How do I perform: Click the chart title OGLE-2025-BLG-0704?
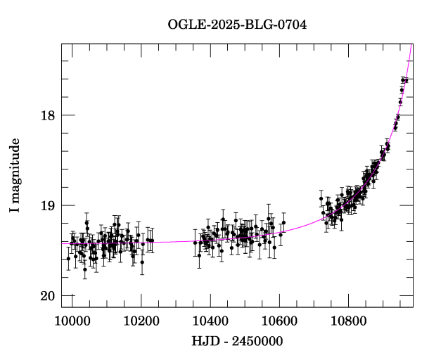point(237,24)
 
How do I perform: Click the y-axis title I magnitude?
point(13,175)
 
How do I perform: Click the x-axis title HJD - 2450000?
point(236,341)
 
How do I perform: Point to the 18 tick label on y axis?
point(46,115)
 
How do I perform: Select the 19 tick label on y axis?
point(46,205)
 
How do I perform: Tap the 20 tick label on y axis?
point(46,295)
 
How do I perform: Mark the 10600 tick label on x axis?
point(279,321)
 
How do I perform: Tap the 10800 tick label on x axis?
point(348,321)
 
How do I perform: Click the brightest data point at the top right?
point(404,80)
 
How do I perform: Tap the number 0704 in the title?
point(292,24)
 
